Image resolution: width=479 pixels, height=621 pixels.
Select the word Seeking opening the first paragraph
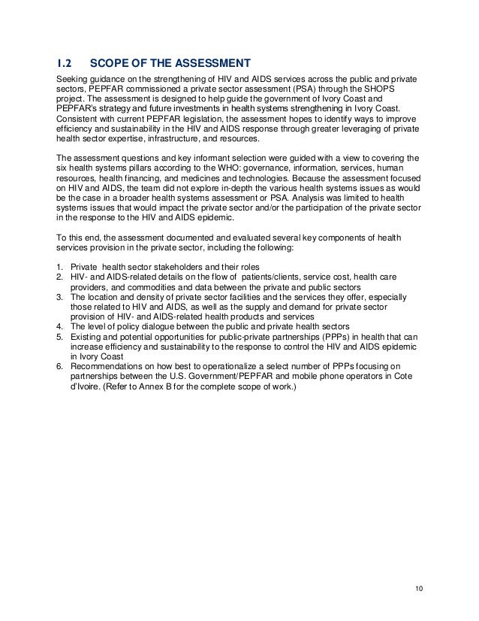coord(74,79)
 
